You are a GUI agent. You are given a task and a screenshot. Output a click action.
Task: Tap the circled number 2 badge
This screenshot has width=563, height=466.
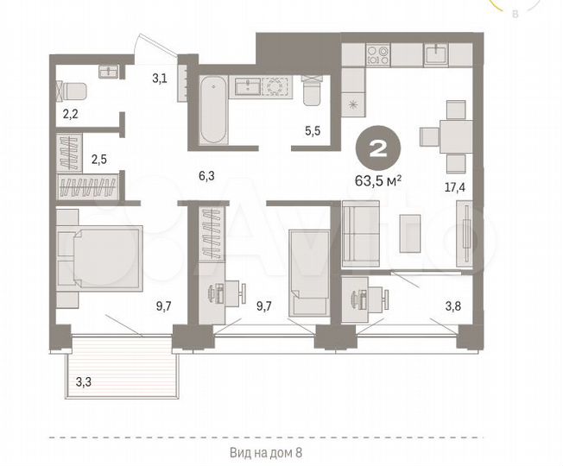point(377,146)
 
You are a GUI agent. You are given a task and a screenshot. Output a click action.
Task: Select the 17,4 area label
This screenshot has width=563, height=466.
point(455,186)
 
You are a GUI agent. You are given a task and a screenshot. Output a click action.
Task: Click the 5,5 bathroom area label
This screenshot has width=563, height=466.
point(313,132)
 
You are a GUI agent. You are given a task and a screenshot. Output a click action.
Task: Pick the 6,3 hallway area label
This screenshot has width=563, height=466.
point(206,177)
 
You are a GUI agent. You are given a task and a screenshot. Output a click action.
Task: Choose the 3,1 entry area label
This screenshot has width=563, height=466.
point(160,79)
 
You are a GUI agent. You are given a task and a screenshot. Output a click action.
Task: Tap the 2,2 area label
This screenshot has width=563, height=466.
point(68,112)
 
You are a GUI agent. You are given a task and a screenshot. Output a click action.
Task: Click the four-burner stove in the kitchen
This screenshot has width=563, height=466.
point(377,56)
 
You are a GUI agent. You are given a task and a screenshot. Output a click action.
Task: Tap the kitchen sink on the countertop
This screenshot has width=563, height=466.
point(434,54)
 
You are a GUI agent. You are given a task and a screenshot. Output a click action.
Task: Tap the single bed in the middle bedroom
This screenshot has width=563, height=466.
point(308,271)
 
